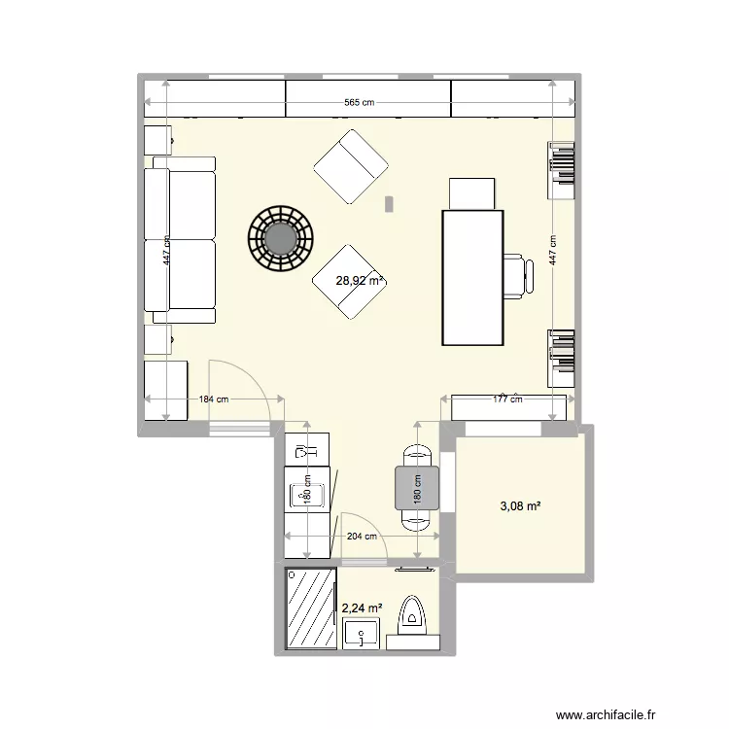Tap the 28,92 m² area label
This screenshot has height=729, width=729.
pos(360,281)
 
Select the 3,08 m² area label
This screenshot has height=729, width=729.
pos(520,506)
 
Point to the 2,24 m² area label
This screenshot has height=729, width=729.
pos(361,608)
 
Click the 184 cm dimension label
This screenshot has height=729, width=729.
pos(214,399)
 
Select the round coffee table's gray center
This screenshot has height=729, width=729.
pos(281,237)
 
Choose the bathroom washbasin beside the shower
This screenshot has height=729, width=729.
pos(364,636)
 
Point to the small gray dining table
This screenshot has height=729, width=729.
pos(417,487)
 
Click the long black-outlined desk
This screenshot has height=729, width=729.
pos(472,277)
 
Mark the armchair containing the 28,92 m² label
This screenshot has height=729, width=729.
pos(346,282)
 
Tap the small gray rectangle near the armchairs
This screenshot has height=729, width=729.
pos(390,204)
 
